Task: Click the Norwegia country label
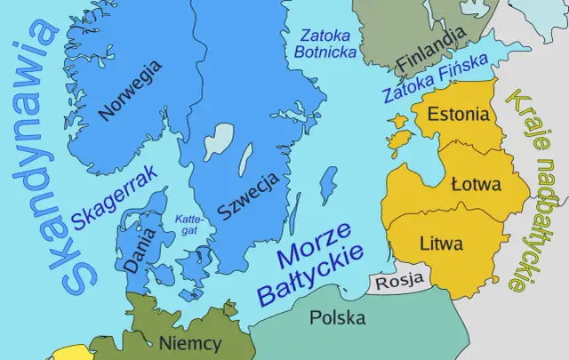coord(131,90)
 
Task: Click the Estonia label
coord(458,115)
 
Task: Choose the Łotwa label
coord(476,185)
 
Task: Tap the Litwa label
coord(441,241)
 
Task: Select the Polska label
coord(338,316)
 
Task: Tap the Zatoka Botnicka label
coord(325,44)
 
